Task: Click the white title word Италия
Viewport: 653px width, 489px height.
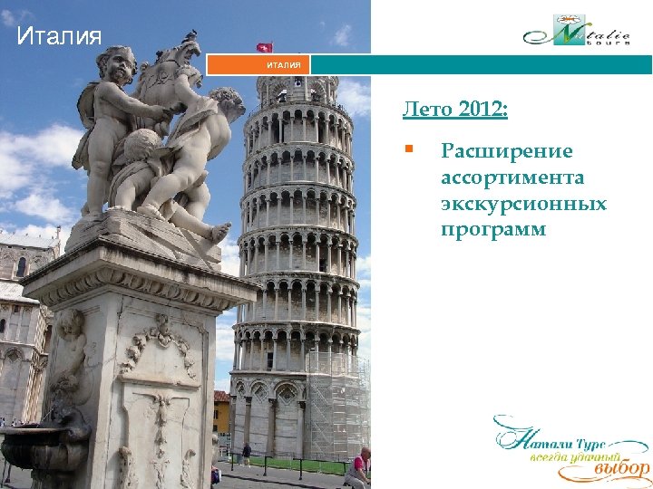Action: [60, 37]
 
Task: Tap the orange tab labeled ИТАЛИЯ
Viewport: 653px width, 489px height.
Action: [260, 65]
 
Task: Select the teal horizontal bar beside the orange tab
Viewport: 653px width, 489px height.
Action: [481, 65]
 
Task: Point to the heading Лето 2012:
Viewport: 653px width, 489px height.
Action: [455, 110]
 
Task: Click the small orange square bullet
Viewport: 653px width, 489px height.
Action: [410, 149]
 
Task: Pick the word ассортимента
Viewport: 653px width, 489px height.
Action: [512, 177]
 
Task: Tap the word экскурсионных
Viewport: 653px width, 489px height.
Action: [523, 203]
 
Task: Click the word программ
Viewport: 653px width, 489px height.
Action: [493, 229]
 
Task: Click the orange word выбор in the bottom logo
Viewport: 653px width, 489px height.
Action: [621, 468]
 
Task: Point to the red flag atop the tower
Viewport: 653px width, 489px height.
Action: [265, 46]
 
